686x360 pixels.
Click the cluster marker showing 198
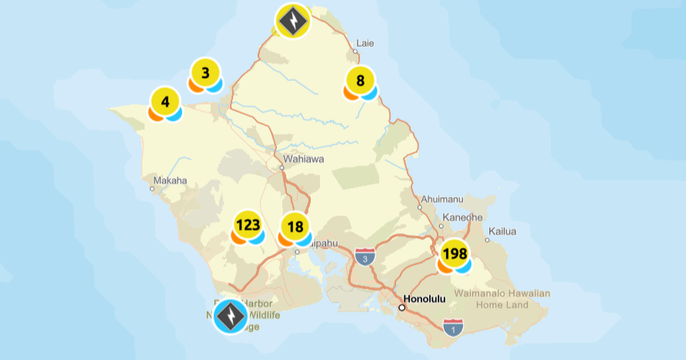tap(455, 254)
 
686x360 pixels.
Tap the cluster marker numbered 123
tap(248, 225)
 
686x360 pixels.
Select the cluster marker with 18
tap(295, 228)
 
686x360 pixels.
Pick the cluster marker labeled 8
tap(360, 81)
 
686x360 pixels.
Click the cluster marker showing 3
tap(205, 74)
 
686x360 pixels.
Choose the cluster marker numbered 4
tap(165, 102)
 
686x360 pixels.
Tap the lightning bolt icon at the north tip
tap(292, 21)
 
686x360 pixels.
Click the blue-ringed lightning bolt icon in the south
tap(230, 315)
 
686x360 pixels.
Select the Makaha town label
tap(171, 181)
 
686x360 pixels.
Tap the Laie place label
tap(365, 43)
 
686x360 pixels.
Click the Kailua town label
tap(501, 231)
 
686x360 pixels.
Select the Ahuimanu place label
tap(441, 199)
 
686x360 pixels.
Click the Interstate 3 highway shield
tap(366, 256)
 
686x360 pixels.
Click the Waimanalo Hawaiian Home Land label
tap(502, 299)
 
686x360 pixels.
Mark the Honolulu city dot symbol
tap(401, 307)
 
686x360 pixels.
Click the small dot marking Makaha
tap(152, 188)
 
